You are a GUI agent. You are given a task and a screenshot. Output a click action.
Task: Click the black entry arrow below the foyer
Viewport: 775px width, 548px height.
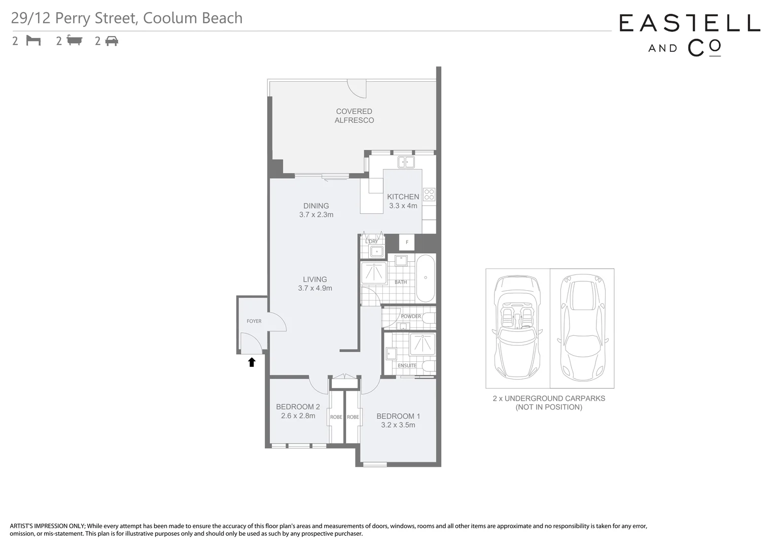point(252,362)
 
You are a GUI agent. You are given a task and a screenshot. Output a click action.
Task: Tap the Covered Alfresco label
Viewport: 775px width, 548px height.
point(354,116)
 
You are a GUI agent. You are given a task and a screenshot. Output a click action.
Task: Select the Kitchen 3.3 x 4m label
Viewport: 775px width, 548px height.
point(403,201)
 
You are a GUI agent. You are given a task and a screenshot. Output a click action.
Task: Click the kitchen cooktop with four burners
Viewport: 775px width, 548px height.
point(429,194)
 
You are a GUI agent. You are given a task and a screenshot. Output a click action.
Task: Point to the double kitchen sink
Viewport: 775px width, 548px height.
point(406,162)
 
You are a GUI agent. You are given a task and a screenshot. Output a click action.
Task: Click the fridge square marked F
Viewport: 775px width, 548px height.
point(407,242)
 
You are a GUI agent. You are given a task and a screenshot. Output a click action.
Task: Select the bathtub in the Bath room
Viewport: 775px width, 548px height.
point(426,278)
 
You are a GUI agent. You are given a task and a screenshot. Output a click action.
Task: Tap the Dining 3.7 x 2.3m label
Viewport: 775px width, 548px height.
point(316,210)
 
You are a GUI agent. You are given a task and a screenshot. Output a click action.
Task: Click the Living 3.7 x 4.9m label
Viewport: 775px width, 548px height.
point(315,284)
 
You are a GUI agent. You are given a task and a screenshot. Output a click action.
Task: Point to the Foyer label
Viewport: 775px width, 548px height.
point(254,321)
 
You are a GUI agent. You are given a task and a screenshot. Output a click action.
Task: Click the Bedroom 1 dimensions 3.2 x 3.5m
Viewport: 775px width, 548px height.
point(398,425)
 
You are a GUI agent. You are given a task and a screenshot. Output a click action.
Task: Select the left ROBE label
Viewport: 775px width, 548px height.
point(336,417)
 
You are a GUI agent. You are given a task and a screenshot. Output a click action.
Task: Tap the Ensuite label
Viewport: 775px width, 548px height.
point(407,365)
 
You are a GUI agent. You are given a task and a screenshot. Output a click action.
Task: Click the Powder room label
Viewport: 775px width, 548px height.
point(411,316)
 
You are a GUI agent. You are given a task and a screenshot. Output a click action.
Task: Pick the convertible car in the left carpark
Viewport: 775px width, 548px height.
point(517,328)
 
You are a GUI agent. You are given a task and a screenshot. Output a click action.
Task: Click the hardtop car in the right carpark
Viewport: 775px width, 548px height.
point(582,328)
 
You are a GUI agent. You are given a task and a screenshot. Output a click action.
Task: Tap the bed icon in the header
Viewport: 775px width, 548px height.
point(33,41)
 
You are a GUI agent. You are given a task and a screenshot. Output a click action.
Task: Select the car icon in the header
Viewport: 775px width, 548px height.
point(112,41)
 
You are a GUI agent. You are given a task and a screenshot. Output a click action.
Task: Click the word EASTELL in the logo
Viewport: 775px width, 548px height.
point(689,23)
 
